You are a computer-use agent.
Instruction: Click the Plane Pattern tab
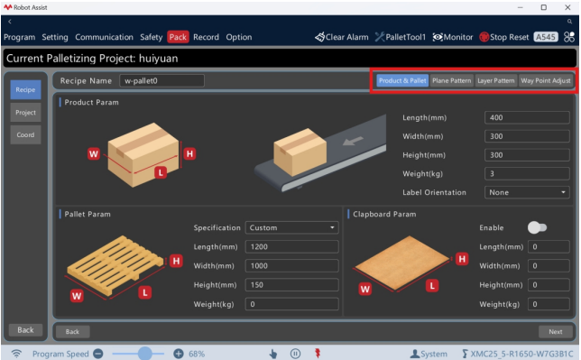451,80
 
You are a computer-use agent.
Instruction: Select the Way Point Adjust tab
546,80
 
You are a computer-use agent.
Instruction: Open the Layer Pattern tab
496,80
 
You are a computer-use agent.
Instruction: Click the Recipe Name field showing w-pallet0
161,80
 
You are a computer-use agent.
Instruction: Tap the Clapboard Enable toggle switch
537,227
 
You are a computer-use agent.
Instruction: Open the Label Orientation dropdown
527,192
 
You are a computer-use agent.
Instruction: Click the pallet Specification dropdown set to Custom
291,227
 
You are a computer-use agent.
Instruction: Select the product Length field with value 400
527,117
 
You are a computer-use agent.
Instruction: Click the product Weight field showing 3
527,173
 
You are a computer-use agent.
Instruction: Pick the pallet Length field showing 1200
291,246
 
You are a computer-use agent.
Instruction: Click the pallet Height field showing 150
291,285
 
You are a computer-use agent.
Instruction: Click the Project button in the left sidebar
25,113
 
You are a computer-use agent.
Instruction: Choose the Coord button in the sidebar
25,134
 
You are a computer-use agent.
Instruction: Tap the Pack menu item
178,37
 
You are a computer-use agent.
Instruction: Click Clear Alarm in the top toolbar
342,37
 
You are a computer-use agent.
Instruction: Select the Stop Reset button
504,37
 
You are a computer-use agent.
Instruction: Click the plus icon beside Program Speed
179,354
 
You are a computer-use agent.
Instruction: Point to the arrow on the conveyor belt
353,141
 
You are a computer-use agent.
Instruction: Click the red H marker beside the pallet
177,261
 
